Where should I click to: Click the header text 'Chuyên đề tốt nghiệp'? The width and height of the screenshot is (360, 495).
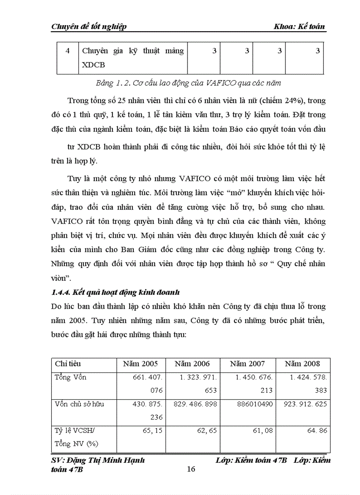pos(89,26)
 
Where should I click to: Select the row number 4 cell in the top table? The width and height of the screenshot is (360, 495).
pos(67,51)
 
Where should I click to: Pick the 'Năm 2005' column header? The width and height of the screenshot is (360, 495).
pos(140,364)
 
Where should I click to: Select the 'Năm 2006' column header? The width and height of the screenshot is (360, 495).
pos(192,364)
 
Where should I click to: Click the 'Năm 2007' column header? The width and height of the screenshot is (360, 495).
pos(247,364)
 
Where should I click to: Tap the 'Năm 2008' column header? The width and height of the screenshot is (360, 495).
pos(302,364)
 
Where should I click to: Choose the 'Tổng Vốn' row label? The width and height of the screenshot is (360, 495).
pos(71,377)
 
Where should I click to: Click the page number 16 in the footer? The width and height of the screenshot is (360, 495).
pos(191,469)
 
